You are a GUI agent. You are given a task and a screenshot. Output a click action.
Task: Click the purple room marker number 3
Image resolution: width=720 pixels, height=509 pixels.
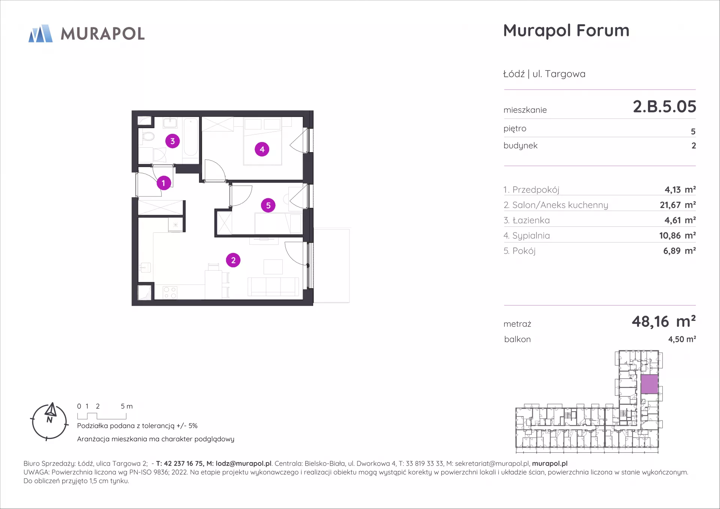172,141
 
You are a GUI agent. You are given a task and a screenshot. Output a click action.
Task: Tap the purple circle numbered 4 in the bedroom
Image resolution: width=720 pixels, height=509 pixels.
262,149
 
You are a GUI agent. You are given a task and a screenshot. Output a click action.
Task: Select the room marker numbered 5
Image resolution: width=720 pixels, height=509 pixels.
268,205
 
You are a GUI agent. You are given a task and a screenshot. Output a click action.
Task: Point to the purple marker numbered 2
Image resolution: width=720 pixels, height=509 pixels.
233,260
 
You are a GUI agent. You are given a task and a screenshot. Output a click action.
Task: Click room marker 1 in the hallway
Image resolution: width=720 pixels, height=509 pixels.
163,183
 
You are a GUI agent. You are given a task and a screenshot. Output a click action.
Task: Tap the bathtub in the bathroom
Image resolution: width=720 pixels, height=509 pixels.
190,137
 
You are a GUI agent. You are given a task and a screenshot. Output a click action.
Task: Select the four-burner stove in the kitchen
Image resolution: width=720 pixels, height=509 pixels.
170,293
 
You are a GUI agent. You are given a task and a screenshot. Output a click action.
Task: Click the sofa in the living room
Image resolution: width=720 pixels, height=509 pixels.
273,287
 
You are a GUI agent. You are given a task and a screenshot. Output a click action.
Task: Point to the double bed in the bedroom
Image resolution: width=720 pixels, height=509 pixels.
262,141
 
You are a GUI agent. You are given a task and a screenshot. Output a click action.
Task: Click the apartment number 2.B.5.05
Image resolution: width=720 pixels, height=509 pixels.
664,106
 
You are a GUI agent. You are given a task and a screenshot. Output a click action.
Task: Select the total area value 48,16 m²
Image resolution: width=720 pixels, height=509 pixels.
664,322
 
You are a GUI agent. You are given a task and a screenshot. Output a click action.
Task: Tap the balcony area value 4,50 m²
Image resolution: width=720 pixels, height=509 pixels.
682,339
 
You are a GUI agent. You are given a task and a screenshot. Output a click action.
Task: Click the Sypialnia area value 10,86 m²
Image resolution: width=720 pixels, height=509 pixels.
677,235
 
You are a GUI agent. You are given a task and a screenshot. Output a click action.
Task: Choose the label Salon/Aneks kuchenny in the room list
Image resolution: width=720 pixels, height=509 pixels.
560,205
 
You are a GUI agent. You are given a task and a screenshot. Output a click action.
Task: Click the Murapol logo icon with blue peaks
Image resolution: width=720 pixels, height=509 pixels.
40,33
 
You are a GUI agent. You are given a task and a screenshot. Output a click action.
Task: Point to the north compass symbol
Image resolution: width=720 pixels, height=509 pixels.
49,422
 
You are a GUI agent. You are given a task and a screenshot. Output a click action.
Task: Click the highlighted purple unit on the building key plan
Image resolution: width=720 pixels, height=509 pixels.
649,384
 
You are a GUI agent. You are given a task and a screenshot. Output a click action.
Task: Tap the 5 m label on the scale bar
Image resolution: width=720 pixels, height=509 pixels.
127,406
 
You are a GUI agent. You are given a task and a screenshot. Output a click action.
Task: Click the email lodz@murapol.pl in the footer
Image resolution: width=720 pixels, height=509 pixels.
243,464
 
